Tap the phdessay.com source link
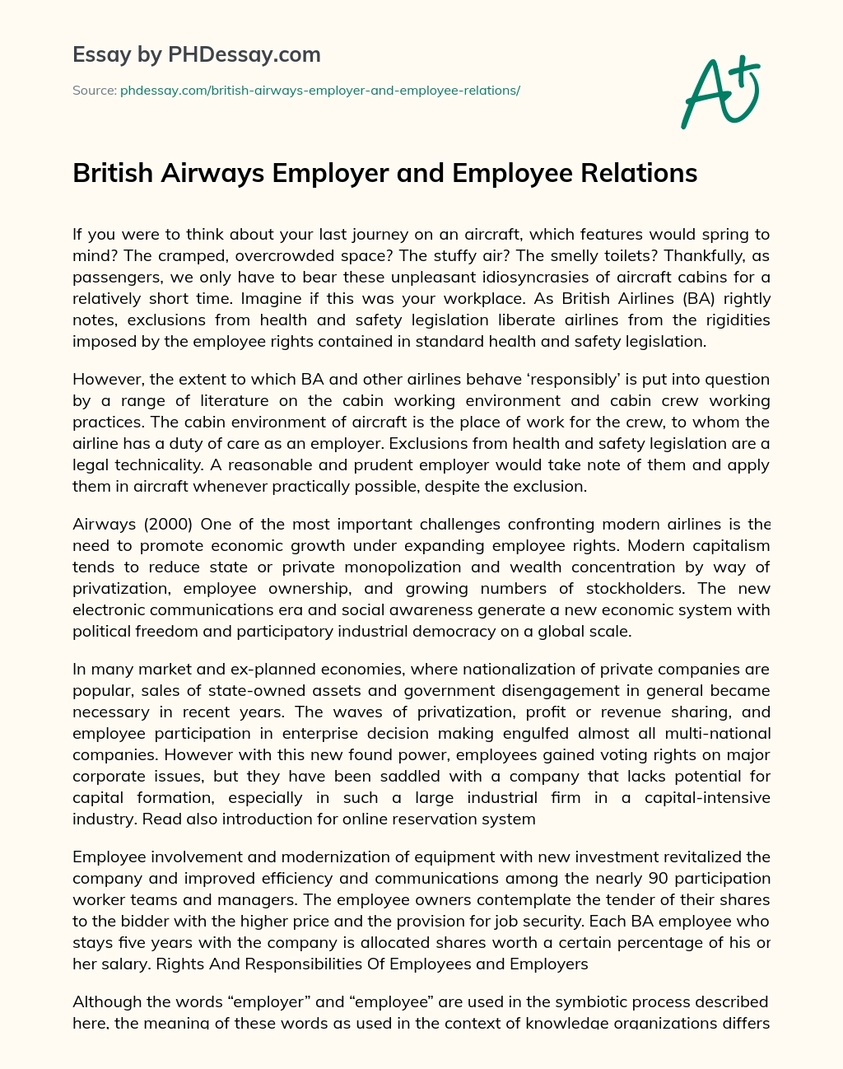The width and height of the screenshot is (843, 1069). click(x=319, y=91)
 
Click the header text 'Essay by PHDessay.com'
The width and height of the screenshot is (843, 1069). click(x=197, y=55)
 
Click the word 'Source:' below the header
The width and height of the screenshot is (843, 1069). click(x=94, y=91)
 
